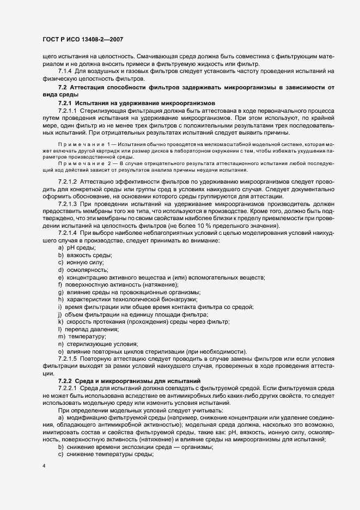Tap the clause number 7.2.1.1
(x=68, y=110)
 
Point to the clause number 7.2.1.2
(x=68, y=180)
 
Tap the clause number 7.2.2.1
(x=68, y=387)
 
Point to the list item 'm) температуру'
(x=82, y=337)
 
